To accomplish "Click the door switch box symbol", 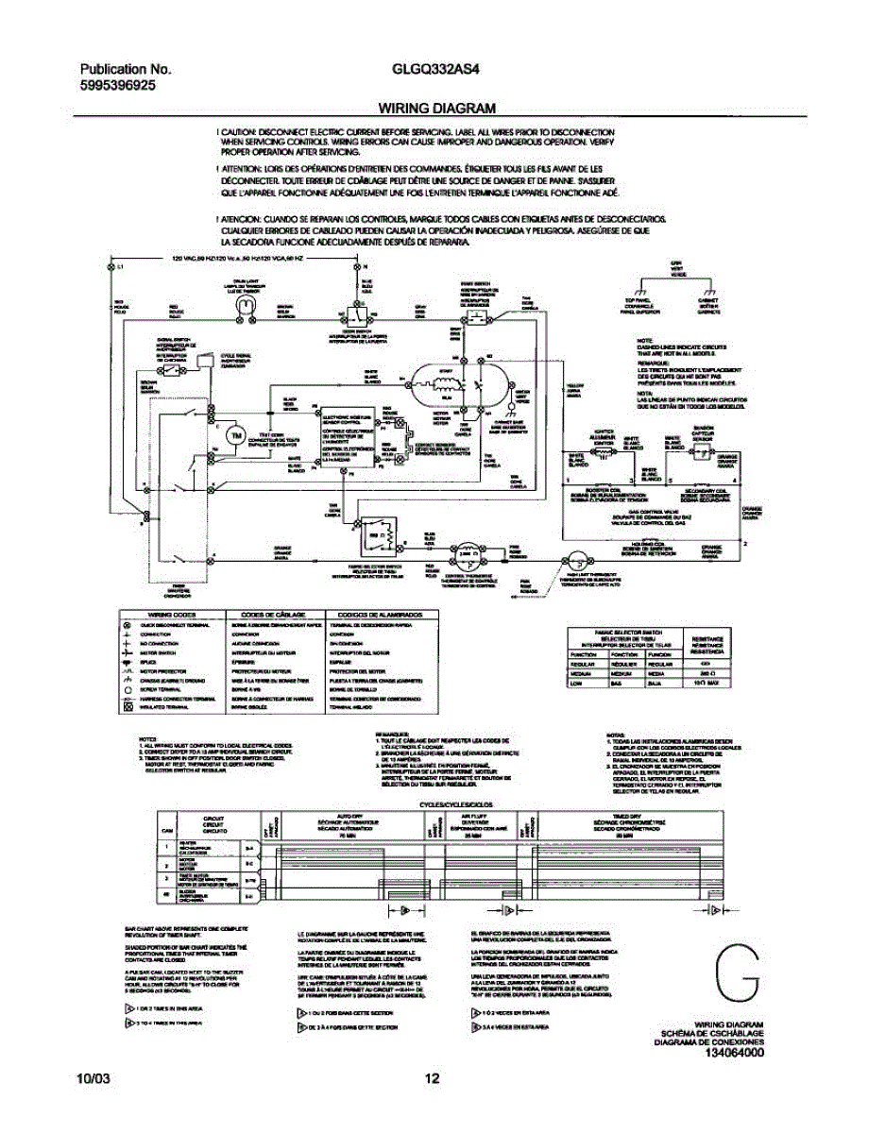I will pyautogui.click(x=355, y=314).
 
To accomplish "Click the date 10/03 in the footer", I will pyautogui.click(x=94, y=1079).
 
